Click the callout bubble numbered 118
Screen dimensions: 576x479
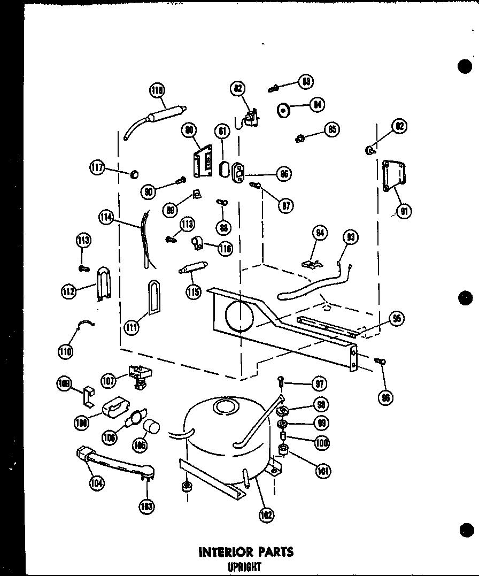(x=157, y=90)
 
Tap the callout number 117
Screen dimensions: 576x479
(x=97, y=168)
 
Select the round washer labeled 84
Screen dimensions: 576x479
(x=283, y=111)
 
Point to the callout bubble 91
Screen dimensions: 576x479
(x=405, y=211)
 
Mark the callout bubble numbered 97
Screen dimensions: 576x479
(x=320, y=383)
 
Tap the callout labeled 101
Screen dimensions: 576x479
(x=323, y=471)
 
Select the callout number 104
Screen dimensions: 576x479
(x=97, y=483)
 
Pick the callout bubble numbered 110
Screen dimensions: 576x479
(x=66, y=351)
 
